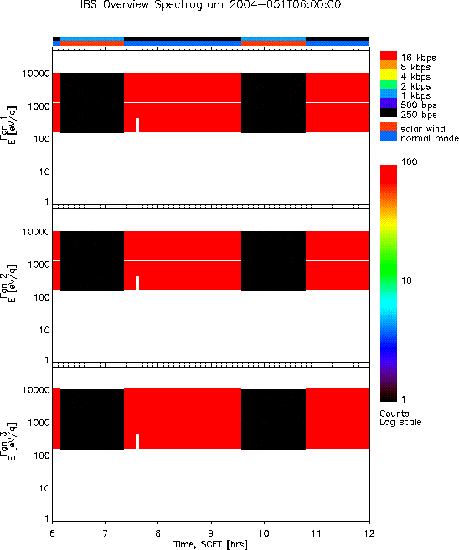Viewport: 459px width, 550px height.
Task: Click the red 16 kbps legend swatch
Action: coord(389,56)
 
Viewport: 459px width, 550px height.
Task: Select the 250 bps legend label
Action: coord(419,115)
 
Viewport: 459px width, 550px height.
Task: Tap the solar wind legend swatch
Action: coord(389,127)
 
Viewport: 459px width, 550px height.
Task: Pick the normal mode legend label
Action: coord(430,139)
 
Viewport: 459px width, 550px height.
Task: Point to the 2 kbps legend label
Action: coord(415,86)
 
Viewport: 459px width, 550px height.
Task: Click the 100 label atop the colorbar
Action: coord(410,162)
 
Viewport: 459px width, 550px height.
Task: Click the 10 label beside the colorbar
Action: coord(406,280)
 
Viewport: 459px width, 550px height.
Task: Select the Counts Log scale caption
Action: coord(400,418)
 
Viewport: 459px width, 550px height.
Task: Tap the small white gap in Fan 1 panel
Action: coord(137,126)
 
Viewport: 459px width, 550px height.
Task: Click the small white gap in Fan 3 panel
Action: coord(137,441)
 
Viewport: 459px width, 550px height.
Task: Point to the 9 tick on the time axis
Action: coord(211,533)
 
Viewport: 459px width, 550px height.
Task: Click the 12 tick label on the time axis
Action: coord(369,533)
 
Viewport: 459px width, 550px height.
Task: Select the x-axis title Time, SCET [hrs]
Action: coord(210,544)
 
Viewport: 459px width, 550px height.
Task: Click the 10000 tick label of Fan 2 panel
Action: coord(36,232)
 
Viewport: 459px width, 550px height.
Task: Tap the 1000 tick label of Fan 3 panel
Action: coord(39,423)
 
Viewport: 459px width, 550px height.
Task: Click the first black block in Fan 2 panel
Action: coord(92,261)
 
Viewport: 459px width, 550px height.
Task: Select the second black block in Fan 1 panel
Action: coord(273,103)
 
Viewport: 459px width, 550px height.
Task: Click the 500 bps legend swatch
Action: coord(389,104)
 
